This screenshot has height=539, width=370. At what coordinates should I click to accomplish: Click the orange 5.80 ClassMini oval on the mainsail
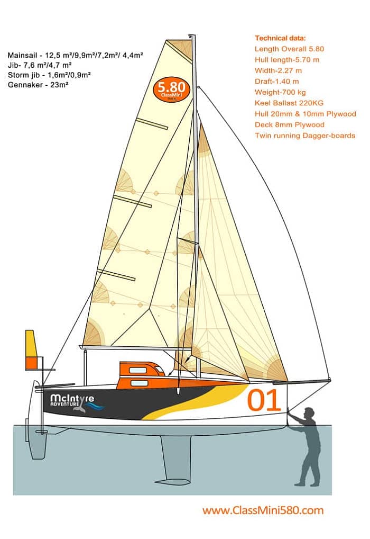click(172, 89)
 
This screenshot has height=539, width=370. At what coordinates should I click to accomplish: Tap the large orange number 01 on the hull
click(264, 400)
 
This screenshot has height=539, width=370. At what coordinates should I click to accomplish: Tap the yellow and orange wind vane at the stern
click(32, 349)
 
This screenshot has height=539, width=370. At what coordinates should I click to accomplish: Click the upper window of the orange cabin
click(138, 370)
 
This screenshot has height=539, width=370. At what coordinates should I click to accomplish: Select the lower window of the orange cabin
click(140, 383)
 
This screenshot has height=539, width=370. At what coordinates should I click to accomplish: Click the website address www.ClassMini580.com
click(263, 510)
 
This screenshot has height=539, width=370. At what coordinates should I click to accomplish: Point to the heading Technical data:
click(280, 38)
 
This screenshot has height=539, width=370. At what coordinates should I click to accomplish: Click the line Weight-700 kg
click(280, 92)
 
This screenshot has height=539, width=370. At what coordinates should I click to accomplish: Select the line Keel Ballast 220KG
click(289, 103)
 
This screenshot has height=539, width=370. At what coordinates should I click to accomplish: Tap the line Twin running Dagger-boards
click(305, 136)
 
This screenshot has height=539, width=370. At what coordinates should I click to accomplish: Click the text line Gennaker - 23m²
click(38, 85)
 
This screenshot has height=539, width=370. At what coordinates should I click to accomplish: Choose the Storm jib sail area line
click(49, 75)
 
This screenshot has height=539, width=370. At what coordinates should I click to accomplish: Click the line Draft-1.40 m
click(276, 82)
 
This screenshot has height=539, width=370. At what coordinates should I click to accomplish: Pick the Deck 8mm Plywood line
click(289, 125)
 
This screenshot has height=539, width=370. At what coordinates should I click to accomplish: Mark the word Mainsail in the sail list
click(22, 56)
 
